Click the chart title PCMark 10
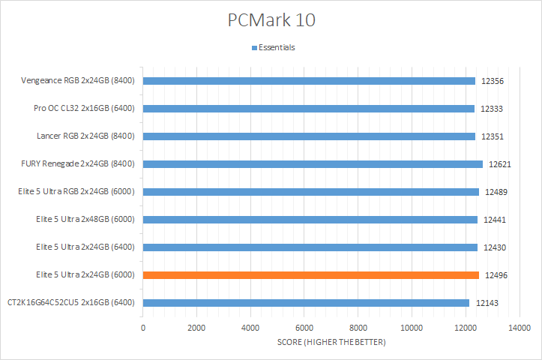click(x=271, y=19)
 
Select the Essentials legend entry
click(x=276, y=47)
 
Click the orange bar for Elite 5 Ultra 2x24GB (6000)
click(x=310, y=275)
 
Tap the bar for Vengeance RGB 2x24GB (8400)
click(x=309, y=81)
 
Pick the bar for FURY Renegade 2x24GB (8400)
click(x=313, y=164)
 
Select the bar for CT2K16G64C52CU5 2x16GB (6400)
click(x=306, y=303)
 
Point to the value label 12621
click(x=500, y=164)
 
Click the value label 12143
click(x=486, y=303)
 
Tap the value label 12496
click(x=496, y=275)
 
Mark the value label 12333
click(x=492, y=109)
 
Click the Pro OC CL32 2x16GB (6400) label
click(x=84, y=109)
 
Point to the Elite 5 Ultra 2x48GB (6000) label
click(x=85, y=220)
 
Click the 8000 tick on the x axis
click(x=358, y=328)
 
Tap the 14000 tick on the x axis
click(x=519, y=328)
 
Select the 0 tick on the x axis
click(x=143, y=328)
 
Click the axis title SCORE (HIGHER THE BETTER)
click(x=331, y=342)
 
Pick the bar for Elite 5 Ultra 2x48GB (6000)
click(x=310, y=220)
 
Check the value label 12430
click(x=496, y=247)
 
